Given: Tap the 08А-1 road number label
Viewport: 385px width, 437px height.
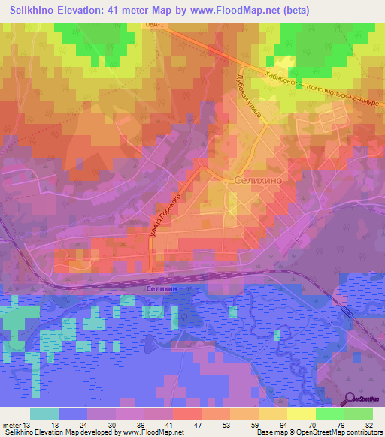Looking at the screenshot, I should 155,25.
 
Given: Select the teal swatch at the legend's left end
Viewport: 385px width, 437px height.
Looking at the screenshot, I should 44,414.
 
